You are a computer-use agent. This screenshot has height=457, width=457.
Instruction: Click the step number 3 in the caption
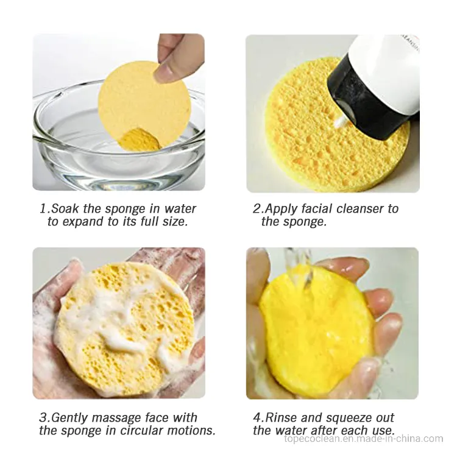pos(43,417)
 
